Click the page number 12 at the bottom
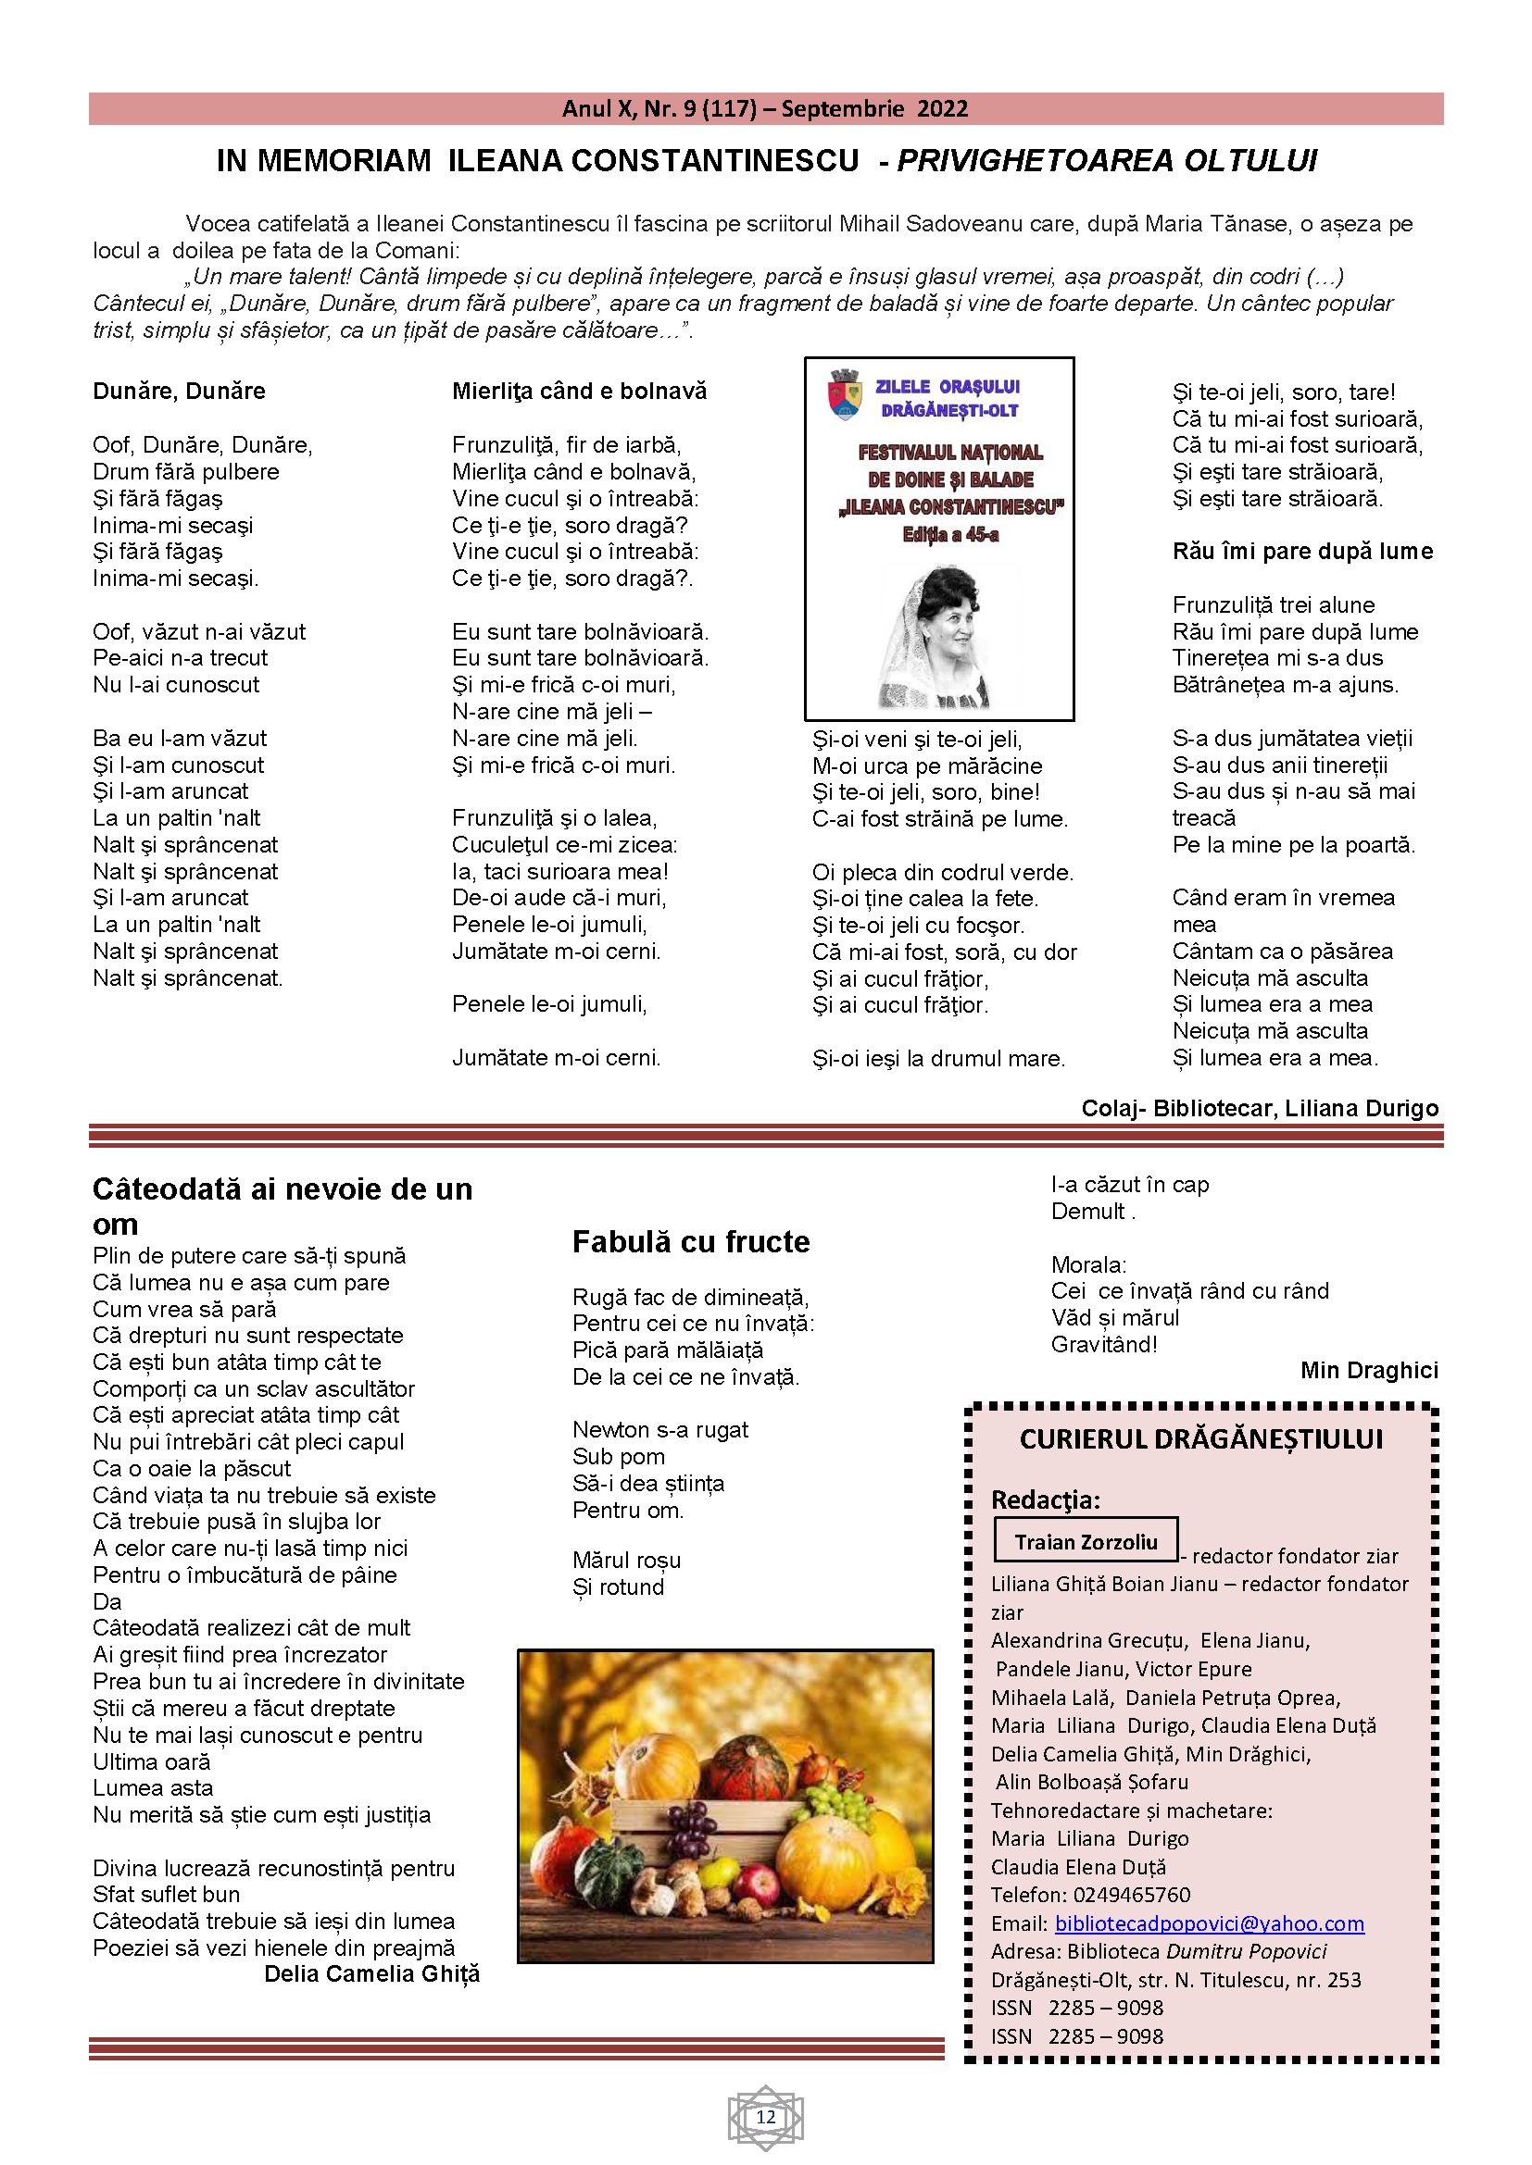(765, 2117)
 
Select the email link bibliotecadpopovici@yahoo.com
(1209, 1923)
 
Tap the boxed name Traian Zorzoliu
(1085, 1542)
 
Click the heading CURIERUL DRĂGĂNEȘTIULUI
(1201, 1439)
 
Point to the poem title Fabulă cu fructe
(691, 1242)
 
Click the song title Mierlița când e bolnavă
(579, 392)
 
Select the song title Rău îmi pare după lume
(1301, 552)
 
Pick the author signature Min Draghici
(1369, 1370)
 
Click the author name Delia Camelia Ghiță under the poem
(371, 1973)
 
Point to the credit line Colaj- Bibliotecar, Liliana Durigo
(1260, 1108)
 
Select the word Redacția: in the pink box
(1045, 1499)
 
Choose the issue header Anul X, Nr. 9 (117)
(659, 109)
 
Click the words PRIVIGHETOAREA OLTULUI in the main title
(1106, 161)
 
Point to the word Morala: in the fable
(1088, 1264)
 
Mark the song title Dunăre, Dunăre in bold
(180, 392)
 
